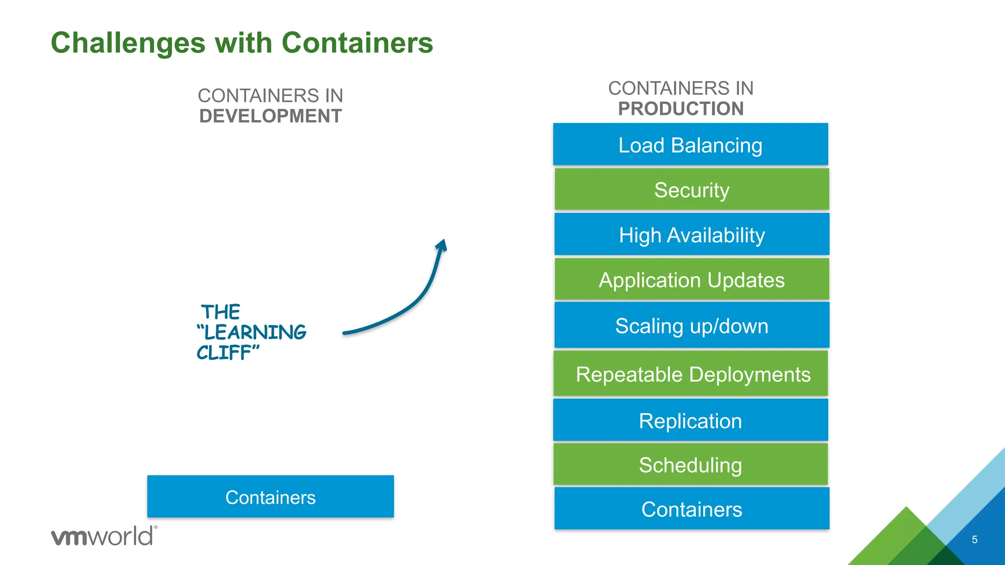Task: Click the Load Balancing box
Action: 690,145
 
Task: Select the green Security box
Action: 691,190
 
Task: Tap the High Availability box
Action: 691,235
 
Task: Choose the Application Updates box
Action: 691,280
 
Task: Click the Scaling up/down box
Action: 691,326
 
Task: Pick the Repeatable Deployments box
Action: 690,374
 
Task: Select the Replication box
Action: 690,421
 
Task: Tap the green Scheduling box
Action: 690,465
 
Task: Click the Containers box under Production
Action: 691,509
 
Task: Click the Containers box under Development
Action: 270,497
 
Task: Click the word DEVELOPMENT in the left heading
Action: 270,116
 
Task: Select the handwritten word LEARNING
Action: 254,333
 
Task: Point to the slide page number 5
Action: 975,539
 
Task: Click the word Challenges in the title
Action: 128,43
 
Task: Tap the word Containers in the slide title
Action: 357,43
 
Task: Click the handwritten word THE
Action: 220,312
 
